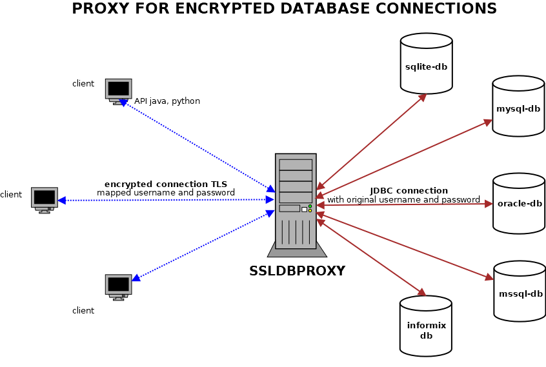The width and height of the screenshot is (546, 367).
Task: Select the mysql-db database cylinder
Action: point(518,106)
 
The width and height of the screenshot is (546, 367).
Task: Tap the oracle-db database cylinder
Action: point(519,203)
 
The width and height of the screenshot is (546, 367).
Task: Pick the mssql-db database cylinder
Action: point(520,292)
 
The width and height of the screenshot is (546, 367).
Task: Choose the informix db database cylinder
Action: point(426,326)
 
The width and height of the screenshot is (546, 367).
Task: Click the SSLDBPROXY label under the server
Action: point(297,272)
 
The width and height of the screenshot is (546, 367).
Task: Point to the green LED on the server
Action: point(310,206)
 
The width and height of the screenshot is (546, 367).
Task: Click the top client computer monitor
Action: point(119,89)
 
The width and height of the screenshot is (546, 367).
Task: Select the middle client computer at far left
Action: point(45,198)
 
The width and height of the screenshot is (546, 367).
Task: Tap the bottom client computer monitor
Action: point(119,285)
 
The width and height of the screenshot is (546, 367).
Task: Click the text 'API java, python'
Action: point(167,101)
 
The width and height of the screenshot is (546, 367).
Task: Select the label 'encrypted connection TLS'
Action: point(166,184)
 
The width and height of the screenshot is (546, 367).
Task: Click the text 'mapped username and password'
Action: point(166,193)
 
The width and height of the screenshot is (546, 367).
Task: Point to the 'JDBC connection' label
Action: point(409,191)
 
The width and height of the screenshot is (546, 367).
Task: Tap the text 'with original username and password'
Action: point(403,200)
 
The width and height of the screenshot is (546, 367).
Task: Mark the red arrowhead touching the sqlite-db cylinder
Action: point(423,97)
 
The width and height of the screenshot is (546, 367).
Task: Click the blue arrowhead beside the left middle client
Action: point(62,201)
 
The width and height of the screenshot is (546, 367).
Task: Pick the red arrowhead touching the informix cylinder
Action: point(422,293)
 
